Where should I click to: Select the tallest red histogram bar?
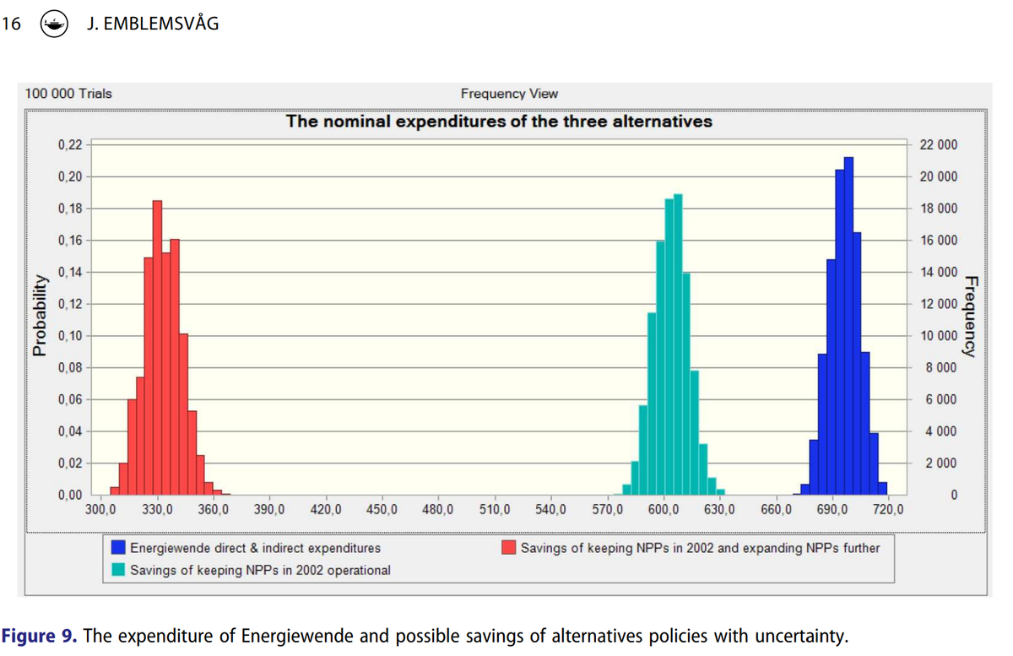click(x=157, y=346)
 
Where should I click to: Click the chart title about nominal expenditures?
click(x=499, y=122)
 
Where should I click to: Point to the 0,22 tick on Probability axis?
click(x=70, y=145)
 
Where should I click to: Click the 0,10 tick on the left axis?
click(x=70, y=336)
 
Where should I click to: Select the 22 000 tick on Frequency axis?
click(x=938, y=145)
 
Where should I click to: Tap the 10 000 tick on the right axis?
click(x=938, y=336)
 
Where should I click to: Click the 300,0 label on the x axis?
click(x=101, y=510)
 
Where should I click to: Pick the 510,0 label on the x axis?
click(x=495, y=510)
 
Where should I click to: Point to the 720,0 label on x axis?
click(x=888, y=510)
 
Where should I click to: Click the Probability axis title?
click(x=39, y=314)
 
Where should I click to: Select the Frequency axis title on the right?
click(x=972, y=317)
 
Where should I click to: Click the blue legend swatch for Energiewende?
click(x=119, y=548)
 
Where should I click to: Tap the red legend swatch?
click(x=510, y=548)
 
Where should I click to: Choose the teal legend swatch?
click(x=119, y=570)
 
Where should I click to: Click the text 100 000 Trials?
click(x=68, y=94)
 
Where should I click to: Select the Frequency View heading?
click(x=509, y=94)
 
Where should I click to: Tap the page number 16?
click(x=11, y=24)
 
